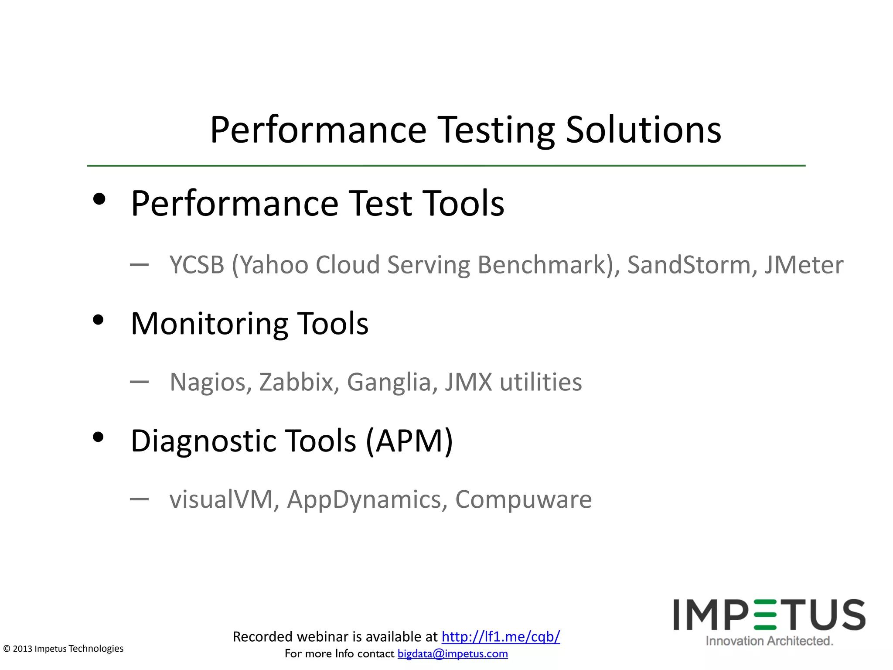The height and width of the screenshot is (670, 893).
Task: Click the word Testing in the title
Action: [x=496, y=131]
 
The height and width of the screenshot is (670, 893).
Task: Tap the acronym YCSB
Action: [x=197, y=265]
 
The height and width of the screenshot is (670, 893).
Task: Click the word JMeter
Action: [x=804, y=265]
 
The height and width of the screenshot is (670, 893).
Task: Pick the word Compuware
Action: [x=523, y=499]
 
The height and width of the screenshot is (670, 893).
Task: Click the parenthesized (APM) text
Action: [x=409, y=441]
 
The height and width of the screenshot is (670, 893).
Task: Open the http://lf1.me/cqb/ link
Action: [x=501, y=637]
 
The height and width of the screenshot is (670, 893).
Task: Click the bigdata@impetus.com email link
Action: [x=453, y=654]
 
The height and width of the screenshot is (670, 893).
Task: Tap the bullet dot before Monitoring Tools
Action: [x=99, y=320]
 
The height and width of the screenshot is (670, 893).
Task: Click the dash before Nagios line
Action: [x=139, y=382]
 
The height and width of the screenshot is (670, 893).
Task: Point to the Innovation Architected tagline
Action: [x=769, y=641]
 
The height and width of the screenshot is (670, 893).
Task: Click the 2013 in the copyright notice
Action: [x=23, y=649]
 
